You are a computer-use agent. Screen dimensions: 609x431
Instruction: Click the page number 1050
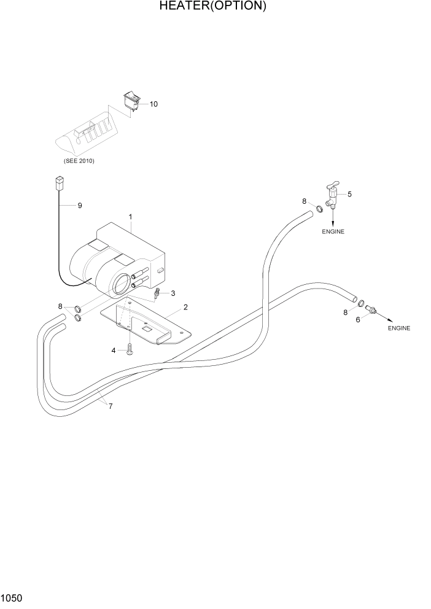[x=12, y=597]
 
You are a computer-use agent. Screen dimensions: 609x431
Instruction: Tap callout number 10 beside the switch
[x=153, y=104]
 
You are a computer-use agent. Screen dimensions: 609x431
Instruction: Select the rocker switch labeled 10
[x=131, y=99]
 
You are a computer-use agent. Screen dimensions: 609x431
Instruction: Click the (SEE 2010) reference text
[x=79, y=161]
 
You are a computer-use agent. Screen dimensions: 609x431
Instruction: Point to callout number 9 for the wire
[x=80, y=206]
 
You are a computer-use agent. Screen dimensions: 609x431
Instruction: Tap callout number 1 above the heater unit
[x=131, y=217]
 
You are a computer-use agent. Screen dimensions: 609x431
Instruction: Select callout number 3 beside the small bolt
[x=173, y=293]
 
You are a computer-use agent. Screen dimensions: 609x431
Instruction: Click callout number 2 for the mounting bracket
[x=185, y=307]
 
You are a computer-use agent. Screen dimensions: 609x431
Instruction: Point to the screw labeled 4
[x=130, y=351]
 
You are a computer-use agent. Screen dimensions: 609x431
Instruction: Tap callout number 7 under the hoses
[x=111, y=406]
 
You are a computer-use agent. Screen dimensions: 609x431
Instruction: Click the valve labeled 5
[x=331, y=197]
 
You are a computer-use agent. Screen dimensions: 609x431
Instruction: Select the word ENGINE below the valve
[x=333, y=232]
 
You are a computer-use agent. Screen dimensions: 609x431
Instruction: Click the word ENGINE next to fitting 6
[x=399, y=328]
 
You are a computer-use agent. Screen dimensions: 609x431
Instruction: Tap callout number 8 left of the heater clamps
[x=60, y=306]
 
